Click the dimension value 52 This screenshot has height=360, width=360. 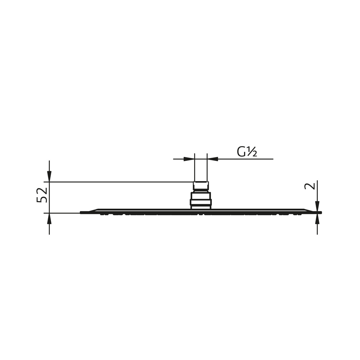42,195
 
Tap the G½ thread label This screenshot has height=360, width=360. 247,152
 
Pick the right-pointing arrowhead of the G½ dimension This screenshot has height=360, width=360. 189,159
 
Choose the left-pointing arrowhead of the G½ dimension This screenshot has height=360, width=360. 213,159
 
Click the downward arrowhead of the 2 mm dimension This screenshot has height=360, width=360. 317,206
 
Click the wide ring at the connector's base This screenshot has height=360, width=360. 201,202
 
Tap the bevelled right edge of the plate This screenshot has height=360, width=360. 308,210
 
